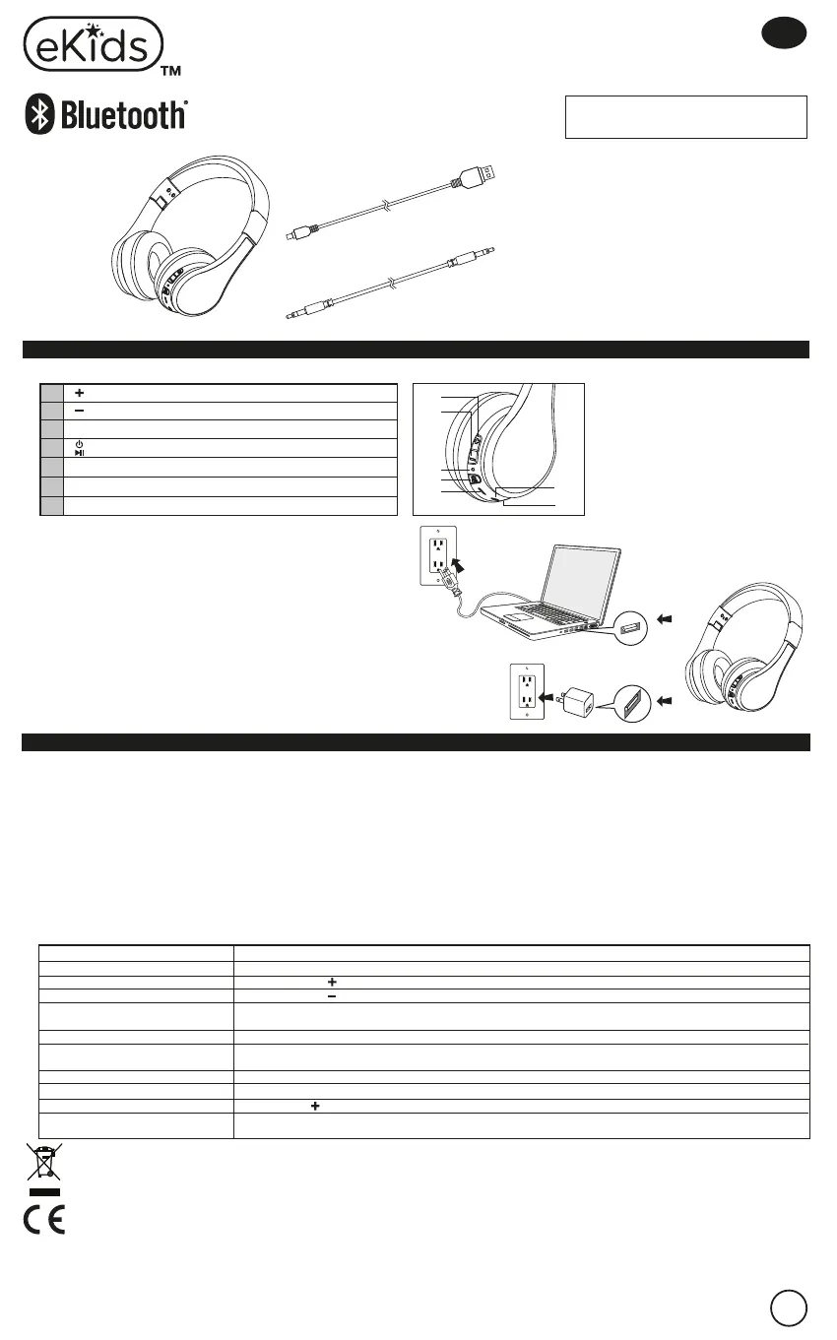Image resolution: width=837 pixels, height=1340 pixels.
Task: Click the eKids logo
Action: point(94,44)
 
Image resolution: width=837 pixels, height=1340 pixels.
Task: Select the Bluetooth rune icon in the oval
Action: point(39,116)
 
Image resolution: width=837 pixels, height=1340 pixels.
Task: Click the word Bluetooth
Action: point(123,116)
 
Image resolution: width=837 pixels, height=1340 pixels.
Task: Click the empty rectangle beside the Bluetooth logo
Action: point(685,117)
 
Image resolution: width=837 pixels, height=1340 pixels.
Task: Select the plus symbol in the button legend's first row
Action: point(76,393)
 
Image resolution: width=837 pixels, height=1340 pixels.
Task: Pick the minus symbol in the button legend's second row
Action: point(76,411)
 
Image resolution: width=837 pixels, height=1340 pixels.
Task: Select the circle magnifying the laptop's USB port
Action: point(628,624)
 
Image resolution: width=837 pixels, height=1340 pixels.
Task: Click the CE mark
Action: point(44,1221)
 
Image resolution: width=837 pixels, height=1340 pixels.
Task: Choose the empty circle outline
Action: point(790,1308)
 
